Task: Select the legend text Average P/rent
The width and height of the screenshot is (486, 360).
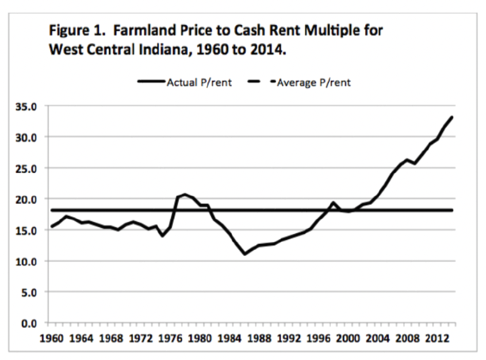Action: [x=315, y=83]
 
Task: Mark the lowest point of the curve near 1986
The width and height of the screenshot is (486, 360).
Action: [x=245, y=254]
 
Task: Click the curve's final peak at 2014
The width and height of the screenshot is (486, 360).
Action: [x=452, y=117]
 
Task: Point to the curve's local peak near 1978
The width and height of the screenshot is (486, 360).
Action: [x=185, y=194]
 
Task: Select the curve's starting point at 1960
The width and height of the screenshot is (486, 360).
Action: [x=52, y=226]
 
